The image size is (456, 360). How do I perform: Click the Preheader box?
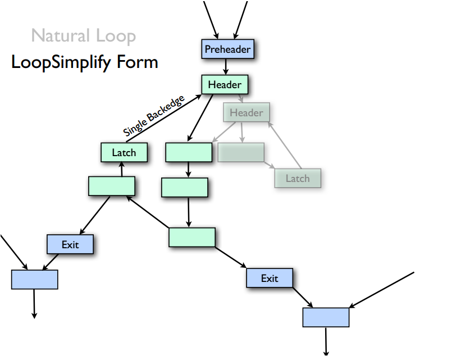click(227, 49)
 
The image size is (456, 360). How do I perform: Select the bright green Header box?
click(225, 85)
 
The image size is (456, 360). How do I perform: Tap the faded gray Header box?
click(246, 113)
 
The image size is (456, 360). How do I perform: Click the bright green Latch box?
click(124, 152)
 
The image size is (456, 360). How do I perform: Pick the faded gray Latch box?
click(297, 178)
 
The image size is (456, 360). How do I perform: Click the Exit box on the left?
click(70, 244)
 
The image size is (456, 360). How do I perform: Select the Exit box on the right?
click(270, 278)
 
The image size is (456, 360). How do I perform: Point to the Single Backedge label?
click(154, 116)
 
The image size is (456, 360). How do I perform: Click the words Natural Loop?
click(83, 37)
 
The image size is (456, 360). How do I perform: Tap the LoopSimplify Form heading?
click(84, 62)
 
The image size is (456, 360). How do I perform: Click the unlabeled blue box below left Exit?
click(34, 279)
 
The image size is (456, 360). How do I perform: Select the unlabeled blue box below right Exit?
click(326, 317)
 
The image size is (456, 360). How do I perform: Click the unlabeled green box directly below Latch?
click(111, 186)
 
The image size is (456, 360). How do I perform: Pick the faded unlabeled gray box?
click(240, 152)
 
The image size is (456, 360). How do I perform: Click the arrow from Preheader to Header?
click(225, 67)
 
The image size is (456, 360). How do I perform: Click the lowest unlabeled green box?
click(191, 237)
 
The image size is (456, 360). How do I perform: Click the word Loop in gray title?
click(115, 37)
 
